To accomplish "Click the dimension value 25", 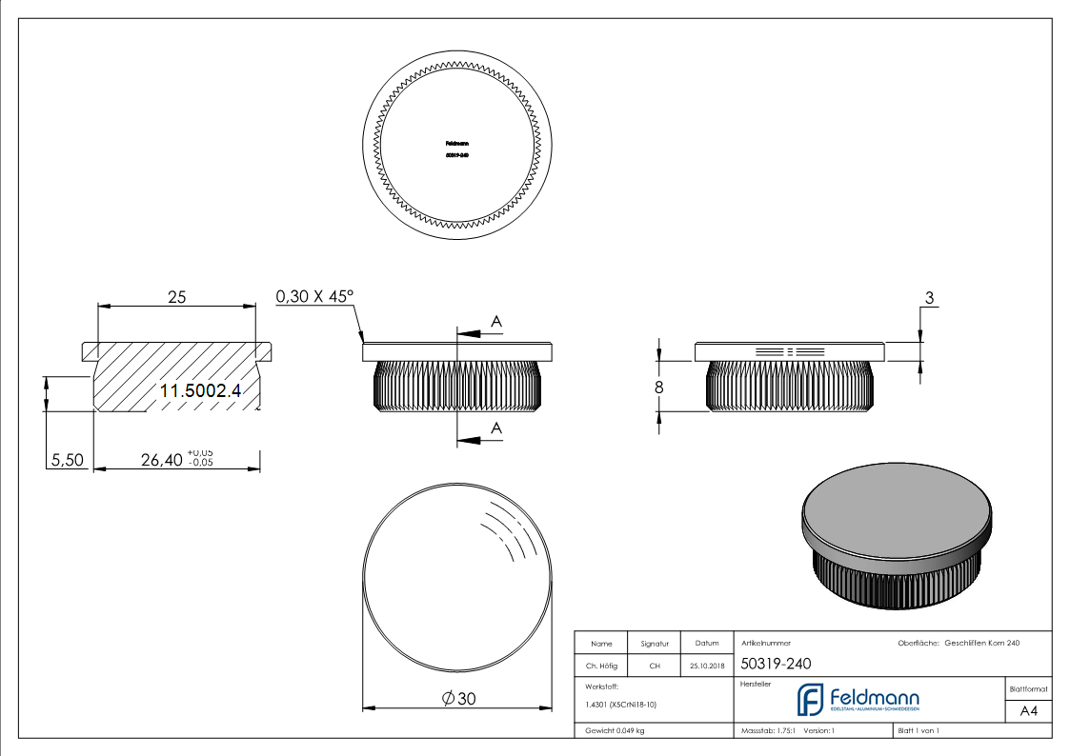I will pos(176,297).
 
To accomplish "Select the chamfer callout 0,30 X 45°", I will pos(314,297).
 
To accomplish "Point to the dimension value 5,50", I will pos(67,461).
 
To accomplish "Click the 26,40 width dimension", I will pos(161,461).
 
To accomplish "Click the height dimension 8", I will pos(657,388).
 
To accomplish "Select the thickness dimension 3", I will pos(928,298).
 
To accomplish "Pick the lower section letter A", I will pos(495,429).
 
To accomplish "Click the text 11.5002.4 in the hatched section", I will pos(200,390).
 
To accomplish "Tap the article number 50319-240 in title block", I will pos(776,665).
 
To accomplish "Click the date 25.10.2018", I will pos(707,666).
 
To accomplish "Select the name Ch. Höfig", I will pos(600,666).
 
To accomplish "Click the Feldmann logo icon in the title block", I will pos(810,700).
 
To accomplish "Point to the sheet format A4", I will pos(1028,711).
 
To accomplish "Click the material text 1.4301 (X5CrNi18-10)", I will pos(620,705).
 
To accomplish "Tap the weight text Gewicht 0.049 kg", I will pos(615,731).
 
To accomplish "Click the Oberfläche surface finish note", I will pos(959,644).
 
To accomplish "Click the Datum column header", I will pos(707,643).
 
